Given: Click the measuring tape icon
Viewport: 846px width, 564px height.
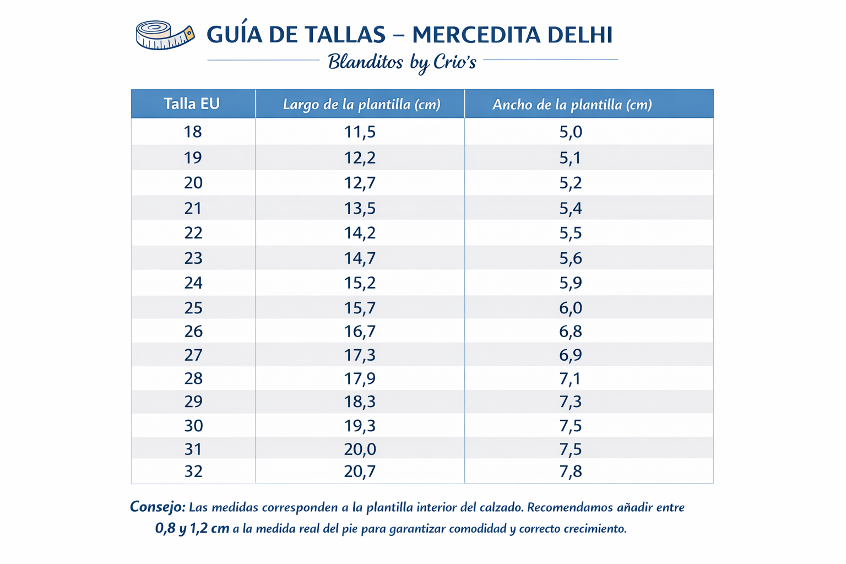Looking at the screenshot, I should pos(165,35).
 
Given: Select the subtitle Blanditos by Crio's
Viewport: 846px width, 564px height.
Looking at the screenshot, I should pos(402,62).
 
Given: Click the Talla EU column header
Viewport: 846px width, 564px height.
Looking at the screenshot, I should pos(192,104).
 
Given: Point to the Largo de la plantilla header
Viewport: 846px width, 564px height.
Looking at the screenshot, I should pos(361,104).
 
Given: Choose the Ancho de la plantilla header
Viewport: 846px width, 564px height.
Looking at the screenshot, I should pos(572,104).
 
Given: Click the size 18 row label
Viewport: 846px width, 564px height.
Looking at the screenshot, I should pos(193,132).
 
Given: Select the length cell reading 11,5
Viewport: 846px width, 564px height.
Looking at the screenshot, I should pos(360,132).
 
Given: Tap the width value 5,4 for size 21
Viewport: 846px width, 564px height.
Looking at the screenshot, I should pos(571,208).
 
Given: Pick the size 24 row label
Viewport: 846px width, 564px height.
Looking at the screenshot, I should pos(193,283).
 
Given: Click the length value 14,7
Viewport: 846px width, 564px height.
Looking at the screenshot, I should pos(360,258).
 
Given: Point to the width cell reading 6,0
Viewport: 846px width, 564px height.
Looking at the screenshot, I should pos(571,307).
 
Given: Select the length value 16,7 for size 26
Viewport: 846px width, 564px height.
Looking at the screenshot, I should pos(360,332).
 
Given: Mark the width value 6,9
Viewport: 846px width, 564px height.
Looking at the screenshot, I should pos(571,355).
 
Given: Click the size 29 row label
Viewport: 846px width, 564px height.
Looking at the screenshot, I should pos(193,402).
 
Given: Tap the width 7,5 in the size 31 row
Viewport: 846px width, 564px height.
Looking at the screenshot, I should pos(571,449).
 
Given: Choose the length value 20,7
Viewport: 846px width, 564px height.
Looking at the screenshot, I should pos(360,471).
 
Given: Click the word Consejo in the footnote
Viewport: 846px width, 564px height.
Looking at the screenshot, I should pos(158,507).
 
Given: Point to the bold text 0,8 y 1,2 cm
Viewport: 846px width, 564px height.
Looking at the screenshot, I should pos(192,529).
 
